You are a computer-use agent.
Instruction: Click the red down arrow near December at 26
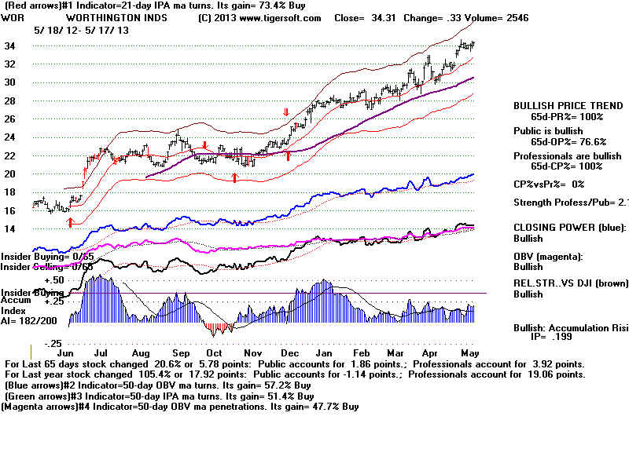tap(287, 113)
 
